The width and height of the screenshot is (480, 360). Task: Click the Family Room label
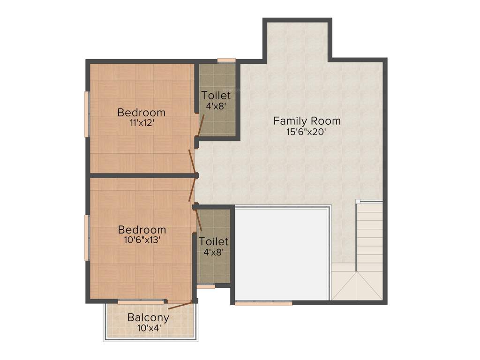pos(307,121)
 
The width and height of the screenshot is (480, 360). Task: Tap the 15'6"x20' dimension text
pos(307,132)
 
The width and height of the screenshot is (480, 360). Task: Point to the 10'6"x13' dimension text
pos(142,240)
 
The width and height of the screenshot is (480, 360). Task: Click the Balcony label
pos(148,317)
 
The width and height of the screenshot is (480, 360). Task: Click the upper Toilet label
pos(216,95)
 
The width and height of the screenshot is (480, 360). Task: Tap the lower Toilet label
pos(213,241)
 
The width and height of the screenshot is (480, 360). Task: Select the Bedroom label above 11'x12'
pos(141,112)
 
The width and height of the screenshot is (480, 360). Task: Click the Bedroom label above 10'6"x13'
pos(142,230)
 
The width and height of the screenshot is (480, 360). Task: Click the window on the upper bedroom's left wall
pos(87,114)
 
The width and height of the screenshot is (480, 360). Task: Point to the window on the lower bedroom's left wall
pos(87,237)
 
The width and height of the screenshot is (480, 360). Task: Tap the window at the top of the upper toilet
pos(226,60)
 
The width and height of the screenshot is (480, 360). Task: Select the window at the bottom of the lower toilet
pos(206,286)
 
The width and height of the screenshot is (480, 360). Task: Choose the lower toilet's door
pos(199,220)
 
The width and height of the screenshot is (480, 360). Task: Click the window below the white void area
pos(263,304)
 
